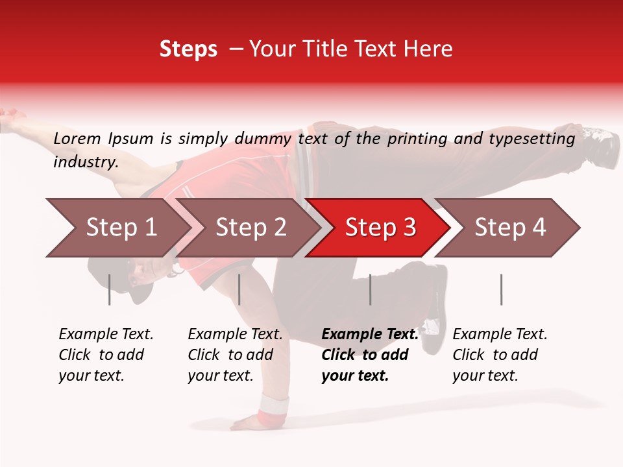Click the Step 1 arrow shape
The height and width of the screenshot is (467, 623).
(117, 228)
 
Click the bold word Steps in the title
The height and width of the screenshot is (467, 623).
(188, 49)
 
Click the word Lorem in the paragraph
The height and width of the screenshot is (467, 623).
(77, 138)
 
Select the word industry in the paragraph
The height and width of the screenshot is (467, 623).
(84, 162)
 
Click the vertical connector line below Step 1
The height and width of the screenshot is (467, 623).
(110, 289)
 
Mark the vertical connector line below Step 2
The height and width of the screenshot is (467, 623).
(239, 289)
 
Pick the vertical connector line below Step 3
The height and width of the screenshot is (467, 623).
(370, 289)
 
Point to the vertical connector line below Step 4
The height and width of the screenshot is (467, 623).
(501, 289)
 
